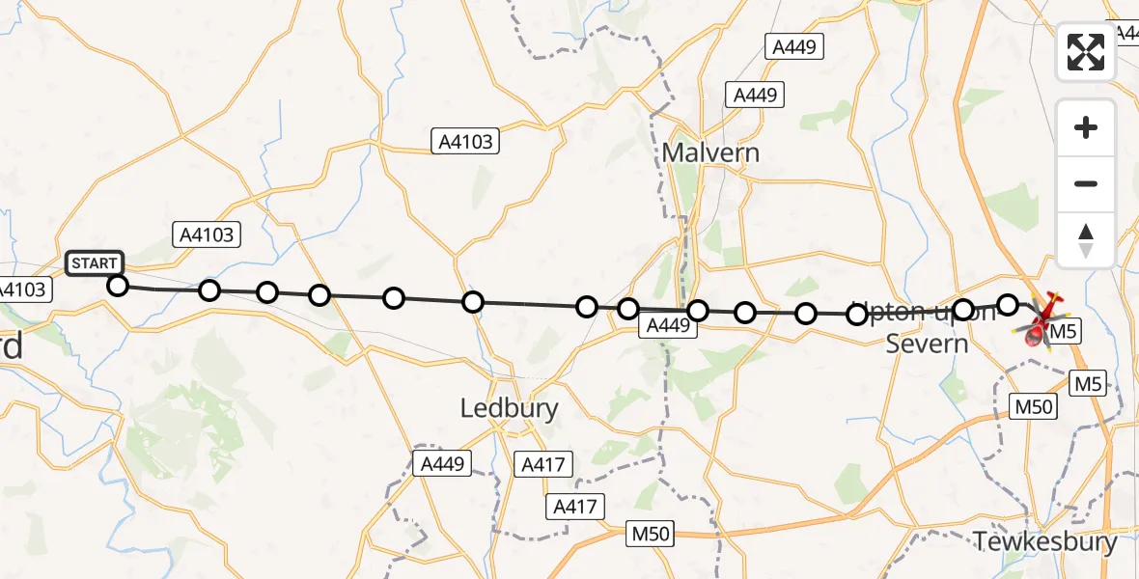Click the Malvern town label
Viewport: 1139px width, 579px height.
[x=710, y=152]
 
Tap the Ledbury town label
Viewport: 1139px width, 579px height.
[x=509, y=408]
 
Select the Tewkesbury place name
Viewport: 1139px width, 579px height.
[x=1045, y=541]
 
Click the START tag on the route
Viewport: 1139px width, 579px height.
[x=95, y=263]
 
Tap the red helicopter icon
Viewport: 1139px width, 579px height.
[x=1041, y=319]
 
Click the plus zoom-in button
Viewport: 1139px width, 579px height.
[x=1086, y=128]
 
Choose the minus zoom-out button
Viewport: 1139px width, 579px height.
[x=1086, y=183]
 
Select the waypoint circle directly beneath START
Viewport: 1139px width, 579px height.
[x=117, y=286]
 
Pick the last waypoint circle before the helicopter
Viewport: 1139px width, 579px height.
[x=1007, y=305]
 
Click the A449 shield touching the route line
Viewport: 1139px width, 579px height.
[x=668, y=327]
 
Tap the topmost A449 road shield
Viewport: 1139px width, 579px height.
[x=793, y=45]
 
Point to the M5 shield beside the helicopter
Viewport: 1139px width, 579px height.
[x=1063, y=332]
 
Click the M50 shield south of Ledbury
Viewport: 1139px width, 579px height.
[x=653, y=533]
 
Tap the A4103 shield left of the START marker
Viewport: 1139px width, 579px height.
[x=23, y=289]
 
